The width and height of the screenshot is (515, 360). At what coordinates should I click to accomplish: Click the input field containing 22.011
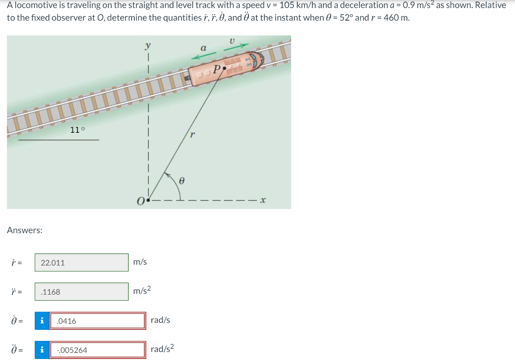pyautogui.click(x=81, y=262)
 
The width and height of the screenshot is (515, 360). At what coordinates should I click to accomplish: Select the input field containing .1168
pyautogui.click(x=81, y=292)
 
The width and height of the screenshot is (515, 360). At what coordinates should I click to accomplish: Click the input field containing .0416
pyautogui.click(x=97, y=321)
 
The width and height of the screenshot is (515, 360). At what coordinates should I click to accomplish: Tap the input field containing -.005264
pyautogui.click(x=97, y=350)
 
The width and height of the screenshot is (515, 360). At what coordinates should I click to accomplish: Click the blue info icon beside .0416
pyautogui.click(x=42, y=321)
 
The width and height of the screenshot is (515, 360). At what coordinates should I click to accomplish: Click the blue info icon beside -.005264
pyautogui.click(x=42, y=350)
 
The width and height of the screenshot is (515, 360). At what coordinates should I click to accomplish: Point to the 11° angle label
pyautogui.click(x=77, y=130)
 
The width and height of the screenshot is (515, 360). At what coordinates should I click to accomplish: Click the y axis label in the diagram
pyautogui.click(x=148, y=46)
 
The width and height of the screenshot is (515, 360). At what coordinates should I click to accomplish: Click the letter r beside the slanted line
pyautogui.click(x=192, y=135)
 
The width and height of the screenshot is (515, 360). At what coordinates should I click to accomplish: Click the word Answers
pyautogui.click(x=25, y=230)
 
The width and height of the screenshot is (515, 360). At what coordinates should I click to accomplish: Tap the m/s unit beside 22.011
pyautogui.click(x=140, y=262)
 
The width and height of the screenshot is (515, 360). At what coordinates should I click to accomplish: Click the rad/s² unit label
pyautogui.click(x=162, y=349)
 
